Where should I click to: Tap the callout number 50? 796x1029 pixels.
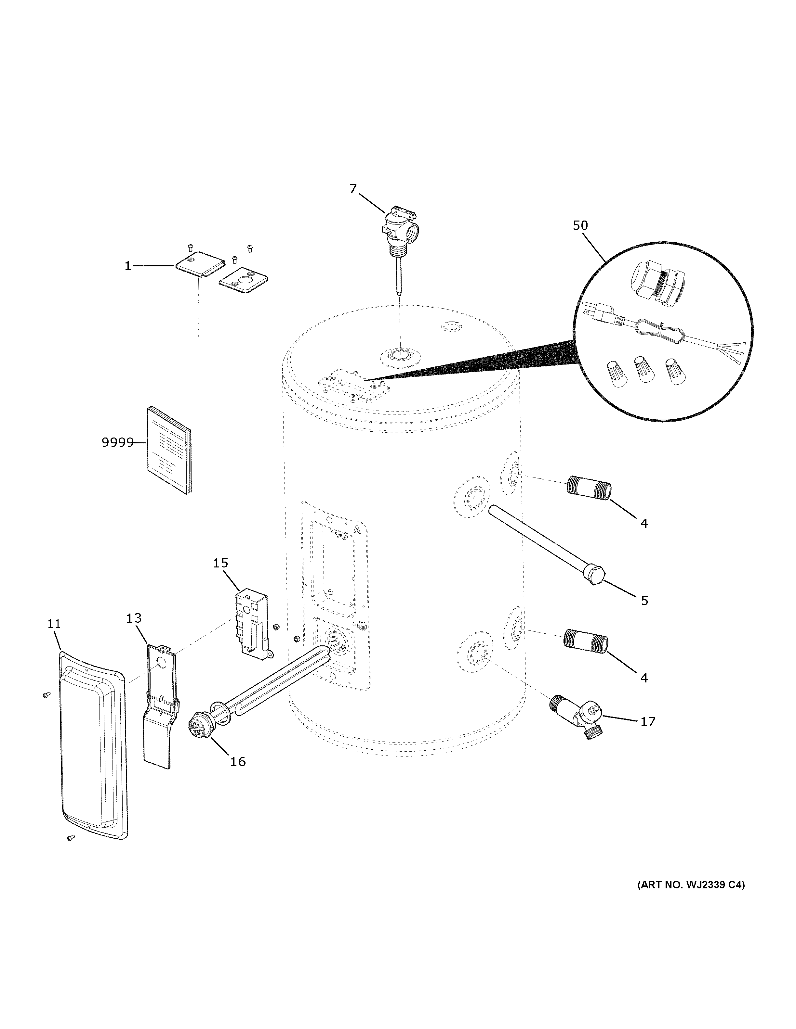pyautogui.click(x=580, y=226)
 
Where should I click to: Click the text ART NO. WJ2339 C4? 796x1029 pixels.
pyautogui.click(x=691, y=885)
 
